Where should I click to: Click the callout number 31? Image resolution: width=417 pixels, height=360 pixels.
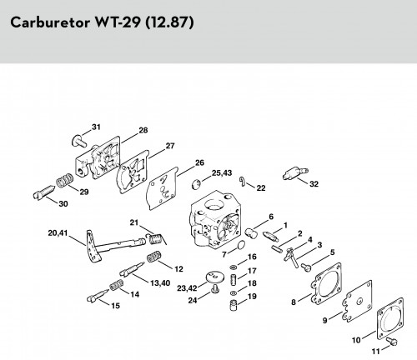click(x=96, y=127)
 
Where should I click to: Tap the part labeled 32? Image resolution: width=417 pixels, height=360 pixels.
click(x=295, y=172)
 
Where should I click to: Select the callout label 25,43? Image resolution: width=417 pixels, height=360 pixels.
click(x=222, y=173)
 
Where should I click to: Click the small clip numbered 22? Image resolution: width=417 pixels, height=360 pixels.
click(x=243, y=182)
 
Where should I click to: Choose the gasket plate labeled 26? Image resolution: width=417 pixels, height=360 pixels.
click(x=163, y=188)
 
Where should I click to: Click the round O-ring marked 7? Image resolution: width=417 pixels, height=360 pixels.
click(x=241, y=245)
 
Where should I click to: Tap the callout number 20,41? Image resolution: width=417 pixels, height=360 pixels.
click(x=58, y=233)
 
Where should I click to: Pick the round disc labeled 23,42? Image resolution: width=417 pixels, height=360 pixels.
click(x=215, y=277)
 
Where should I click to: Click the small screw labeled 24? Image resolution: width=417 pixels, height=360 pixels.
click(x=215, y=288)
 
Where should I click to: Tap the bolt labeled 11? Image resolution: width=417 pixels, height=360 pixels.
click(x=392, y=342)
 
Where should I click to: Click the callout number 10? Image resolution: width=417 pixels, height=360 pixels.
click(x=356, y=340)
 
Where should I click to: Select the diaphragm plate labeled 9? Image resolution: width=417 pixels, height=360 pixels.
click(x=357, y=301)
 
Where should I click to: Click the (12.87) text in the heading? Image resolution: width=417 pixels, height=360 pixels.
click(x=169, y=22)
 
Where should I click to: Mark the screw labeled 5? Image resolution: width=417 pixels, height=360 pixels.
click(x=306, y=267)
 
